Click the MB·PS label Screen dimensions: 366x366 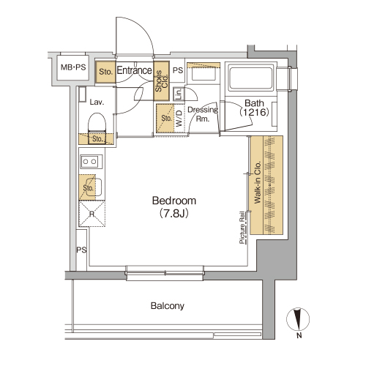73,67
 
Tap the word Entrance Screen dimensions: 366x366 134,70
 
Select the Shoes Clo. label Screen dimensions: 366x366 162,81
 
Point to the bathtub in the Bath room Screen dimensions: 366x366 251,77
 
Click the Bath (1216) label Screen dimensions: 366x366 254,108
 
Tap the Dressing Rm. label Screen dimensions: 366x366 203,114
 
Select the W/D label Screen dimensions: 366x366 179,119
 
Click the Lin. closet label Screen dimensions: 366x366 179,94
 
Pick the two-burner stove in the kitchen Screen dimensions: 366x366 91,162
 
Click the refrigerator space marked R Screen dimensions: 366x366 91,214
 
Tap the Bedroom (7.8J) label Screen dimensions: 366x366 174,207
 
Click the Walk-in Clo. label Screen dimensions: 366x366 258,182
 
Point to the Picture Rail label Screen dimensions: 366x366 242,228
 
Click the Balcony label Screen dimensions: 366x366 168,306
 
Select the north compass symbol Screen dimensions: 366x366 298,319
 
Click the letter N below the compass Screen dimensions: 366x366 299,335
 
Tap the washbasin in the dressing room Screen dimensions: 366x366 203,73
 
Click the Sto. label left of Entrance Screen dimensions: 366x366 105,72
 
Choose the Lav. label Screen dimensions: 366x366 97,102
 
